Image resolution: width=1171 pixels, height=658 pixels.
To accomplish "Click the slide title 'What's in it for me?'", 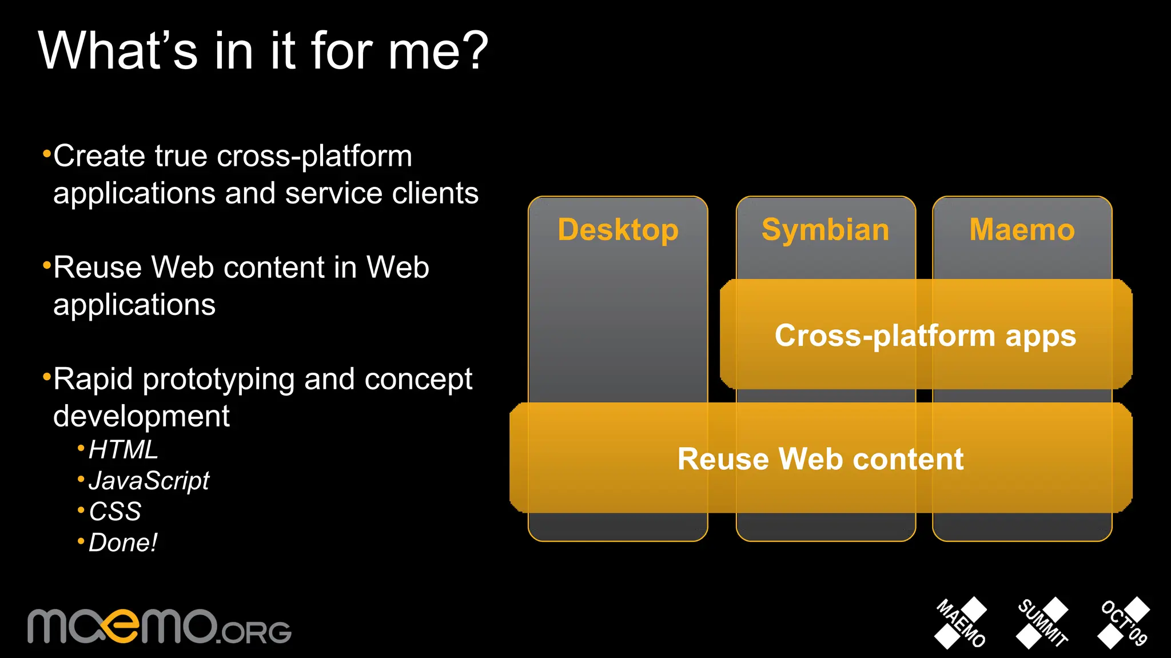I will coord(263,51).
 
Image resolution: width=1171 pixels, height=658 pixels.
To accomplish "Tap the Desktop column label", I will coord(618,230).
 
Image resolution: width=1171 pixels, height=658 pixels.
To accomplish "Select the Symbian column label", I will coord(825,230).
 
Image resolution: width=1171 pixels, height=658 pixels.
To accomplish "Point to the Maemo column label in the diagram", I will coord(1022,230).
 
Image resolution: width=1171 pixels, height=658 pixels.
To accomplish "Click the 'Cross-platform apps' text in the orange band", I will coord(925,336).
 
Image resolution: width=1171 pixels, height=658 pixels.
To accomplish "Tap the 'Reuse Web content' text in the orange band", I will coord(821,459).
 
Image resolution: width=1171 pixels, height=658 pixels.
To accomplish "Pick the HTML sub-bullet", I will coord(123,450).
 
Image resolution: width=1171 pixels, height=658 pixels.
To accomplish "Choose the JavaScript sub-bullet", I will coord(149,481).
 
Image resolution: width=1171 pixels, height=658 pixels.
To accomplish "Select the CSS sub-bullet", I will coord(115,512).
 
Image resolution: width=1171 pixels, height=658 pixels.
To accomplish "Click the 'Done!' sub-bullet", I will coord(122,543).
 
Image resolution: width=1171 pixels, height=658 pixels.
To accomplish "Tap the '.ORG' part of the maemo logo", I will coord(255,632).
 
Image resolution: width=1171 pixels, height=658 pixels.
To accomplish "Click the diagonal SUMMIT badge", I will coord(1042,623).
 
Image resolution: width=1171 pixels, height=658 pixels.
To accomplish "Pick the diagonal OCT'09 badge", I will coord(1124,623).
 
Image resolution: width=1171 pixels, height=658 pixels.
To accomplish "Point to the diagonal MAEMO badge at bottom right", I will coord(961,623).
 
